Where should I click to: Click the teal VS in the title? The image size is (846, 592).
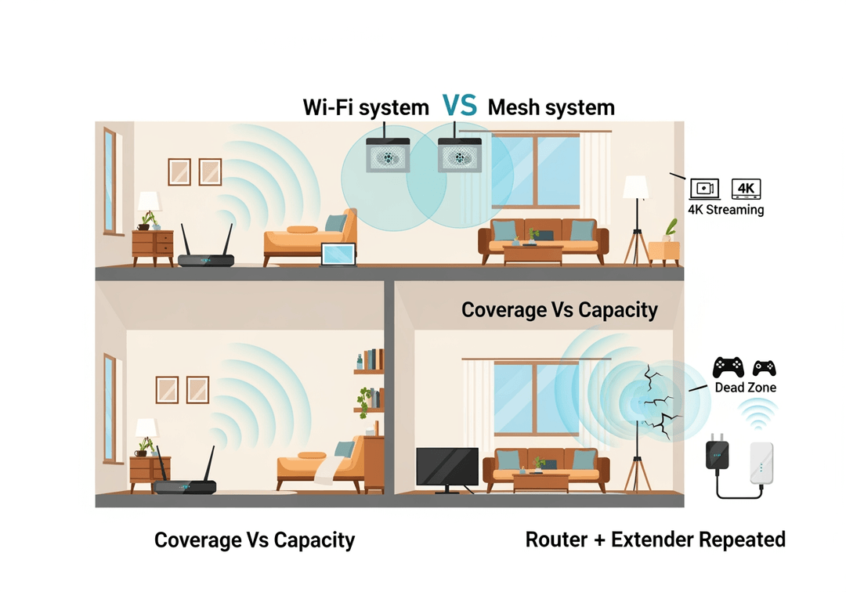[459, 106]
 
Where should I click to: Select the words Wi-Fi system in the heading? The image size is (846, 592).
[366, 107]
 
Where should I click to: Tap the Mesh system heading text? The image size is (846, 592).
[551, 107]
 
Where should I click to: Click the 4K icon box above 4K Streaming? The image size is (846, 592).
[746, 189]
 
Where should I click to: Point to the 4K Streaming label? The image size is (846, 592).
[725, 210]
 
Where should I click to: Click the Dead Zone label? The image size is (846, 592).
[745, 388]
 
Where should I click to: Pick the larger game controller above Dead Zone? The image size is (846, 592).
[728, 367]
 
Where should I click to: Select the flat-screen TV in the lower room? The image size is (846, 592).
[446, 467]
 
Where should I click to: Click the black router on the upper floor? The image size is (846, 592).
[206, 258]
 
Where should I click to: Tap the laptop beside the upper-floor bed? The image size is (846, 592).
[338, 254]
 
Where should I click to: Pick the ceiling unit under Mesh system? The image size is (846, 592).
[459, 155]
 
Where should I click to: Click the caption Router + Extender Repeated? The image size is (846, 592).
[655, 540]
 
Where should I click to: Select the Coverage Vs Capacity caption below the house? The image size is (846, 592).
[255, 540]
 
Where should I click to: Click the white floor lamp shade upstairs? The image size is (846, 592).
[635, 186]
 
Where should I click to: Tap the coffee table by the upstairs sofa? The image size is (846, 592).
[533, 252]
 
